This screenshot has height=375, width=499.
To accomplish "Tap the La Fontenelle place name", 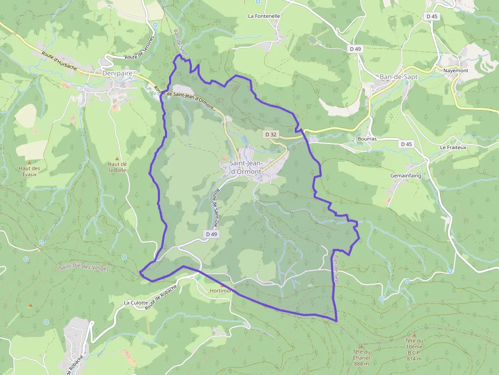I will click(x=264, y=16).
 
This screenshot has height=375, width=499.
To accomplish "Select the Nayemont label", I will click(x=455, y=70).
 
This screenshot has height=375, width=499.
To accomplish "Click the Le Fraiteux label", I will click(x=453, y=147).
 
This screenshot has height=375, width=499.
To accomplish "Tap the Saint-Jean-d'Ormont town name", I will click(x=245, y=167).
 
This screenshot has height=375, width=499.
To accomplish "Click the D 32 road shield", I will click(x=271, y=134).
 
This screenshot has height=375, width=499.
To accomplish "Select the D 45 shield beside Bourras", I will click(x=406, y=144).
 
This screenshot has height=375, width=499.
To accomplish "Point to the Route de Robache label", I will click(x=161, y=297).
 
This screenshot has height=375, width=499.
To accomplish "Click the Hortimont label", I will click(x=221, y=291).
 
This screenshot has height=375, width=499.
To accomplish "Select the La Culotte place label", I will click(x=136, y=302).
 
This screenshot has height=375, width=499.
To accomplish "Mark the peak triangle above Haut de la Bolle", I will click(x=117, y=158).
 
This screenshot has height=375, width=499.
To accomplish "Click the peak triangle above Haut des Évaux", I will click(x=33, y=162).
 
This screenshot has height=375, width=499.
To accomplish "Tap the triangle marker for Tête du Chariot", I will click(x=362, y=346).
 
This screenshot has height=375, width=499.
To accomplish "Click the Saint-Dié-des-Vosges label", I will click(x=84, y=268).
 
